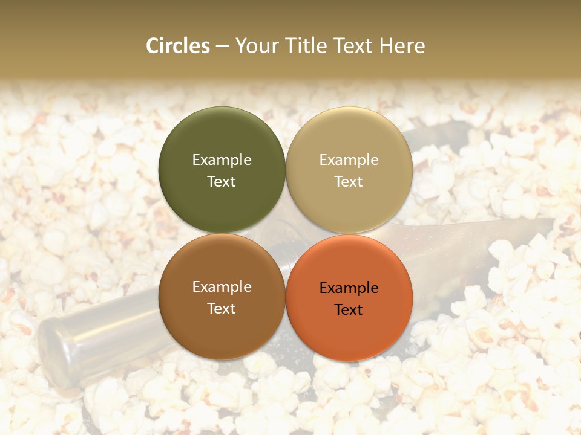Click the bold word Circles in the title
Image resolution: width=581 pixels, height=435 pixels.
(178, 46)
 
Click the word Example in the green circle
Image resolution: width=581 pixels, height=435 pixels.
(222, 159)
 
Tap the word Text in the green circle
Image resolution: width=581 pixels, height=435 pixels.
(222, 181)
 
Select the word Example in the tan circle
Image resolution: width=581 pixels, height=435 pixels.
(349, 159)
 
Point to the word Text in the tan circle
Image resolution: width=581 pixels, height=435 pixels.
(349, 181)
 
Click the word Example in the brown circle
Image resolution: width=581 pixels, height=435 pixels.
(222, 287)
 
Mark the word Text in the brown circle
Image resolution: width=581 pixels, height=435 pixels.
(222, 308)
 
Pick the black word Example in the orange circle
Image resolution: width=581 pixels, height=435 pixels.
(349, 288)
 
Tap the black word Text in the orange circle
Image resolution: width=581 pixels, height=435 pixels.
(349, 309)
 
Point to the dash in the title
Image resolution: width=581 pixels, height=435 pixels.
(222, 47)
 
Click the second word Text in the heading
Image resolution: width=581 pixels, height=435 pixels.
(353, 46)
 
